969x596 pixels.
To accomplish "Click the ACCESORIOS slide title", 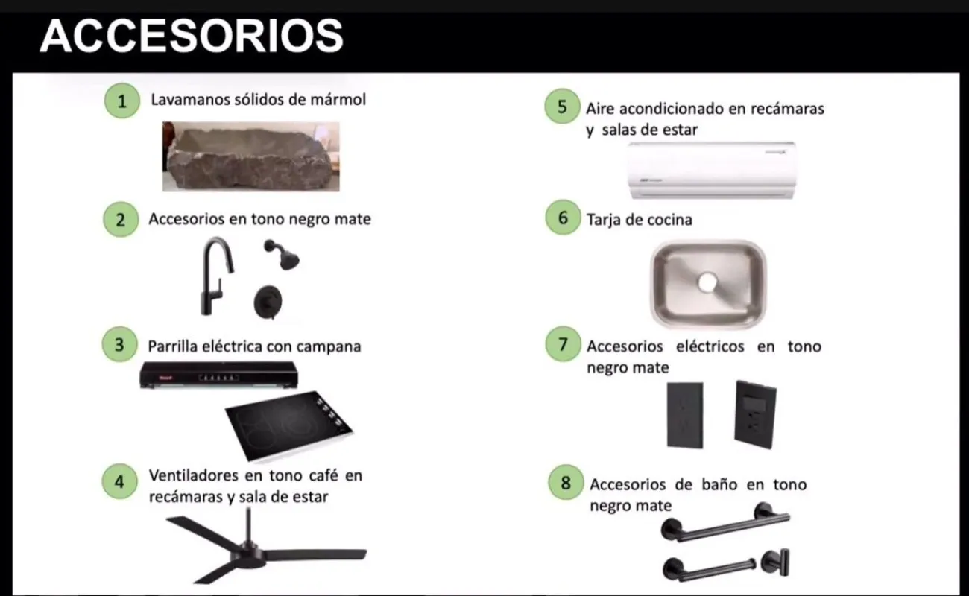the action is click(x=192, y=36).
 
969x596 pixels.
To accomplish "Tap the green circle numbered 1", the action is click(x=122, y=101).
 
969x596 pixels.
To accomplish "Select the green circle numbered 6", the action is click(x=563, y=218).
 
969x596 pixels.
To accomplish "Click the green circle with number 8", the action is click(x=566, y=482).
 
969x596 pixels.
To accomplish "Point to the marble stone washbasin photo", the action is click(x=251, y=156).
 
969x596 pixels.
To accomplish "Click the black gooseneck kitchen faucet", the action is click(x=216, y=276).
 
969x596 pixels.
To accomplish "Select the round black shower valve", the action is click(x=268, y=302).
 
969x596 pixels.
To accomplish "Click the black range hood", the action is click(x=218, y=375).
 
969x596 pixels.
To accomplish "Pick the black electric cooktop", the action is click(x=289, y=425).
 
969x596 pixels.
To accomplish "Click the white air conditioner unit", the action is click(x=711, y=170).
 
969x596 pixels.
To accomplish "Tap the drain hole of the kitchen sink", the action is click(x=707, y=283).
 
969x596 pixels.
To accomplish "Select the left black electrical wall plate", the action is click(x=685, y=415).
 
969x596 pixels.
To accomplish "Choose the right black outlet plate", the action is click(x=755, y=414).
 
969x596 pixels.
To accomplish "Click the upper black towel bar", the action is click(x=725, y=522).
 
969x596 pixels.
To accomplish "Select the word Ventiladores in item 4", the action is click(x=193, y=475).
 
